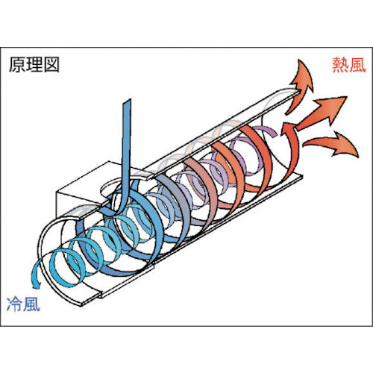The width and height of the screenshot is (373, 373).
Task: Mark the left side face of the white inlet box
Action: click(x=67, y=205)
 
